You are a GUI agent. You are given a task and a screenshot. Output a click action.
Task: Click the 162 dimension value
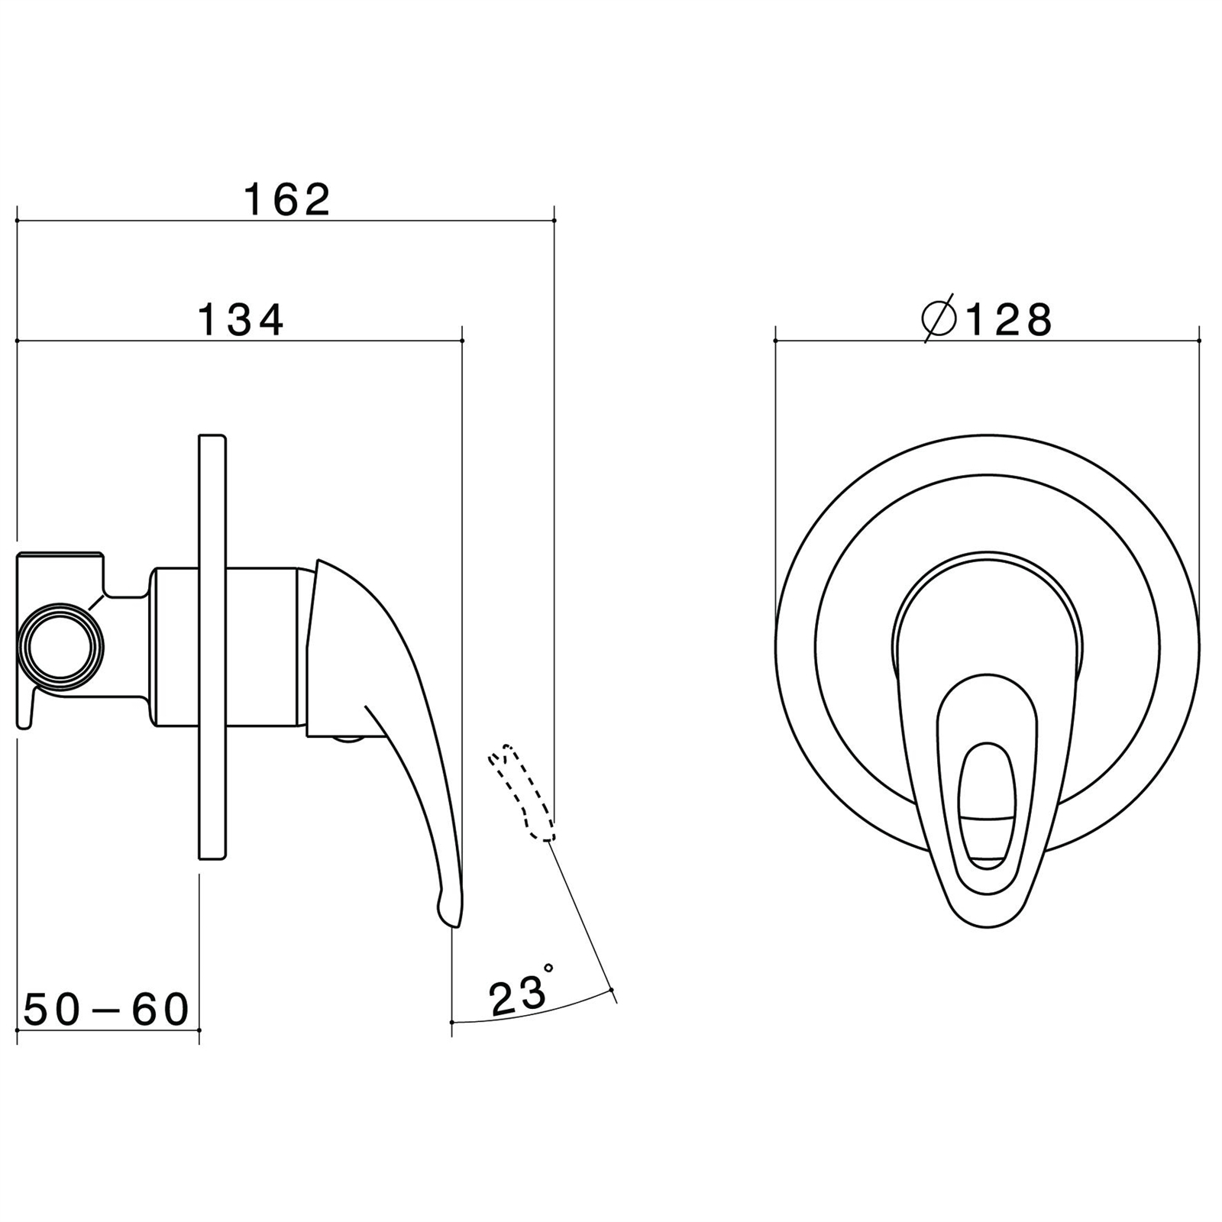[x=287, y=200]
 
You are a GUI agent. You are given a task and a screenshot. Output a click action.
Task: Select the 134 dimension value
[x=241, y=320]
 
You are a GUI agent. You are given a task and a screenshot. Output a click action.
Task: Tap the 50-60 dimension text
[x=106, y=1010]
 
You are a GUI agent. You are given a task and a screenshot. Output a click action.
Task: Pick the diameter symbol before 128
[x=939, y=318]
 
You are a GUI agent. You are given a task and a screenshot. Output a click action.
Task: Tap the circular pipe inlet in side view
[x=60, y=646]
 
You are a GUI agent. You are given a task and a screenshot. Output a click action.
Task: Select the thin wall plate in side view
[x=212, y=647]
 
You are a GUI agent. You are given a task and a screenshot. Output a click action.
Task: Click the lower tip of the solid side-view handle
[x=455, y=926]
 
